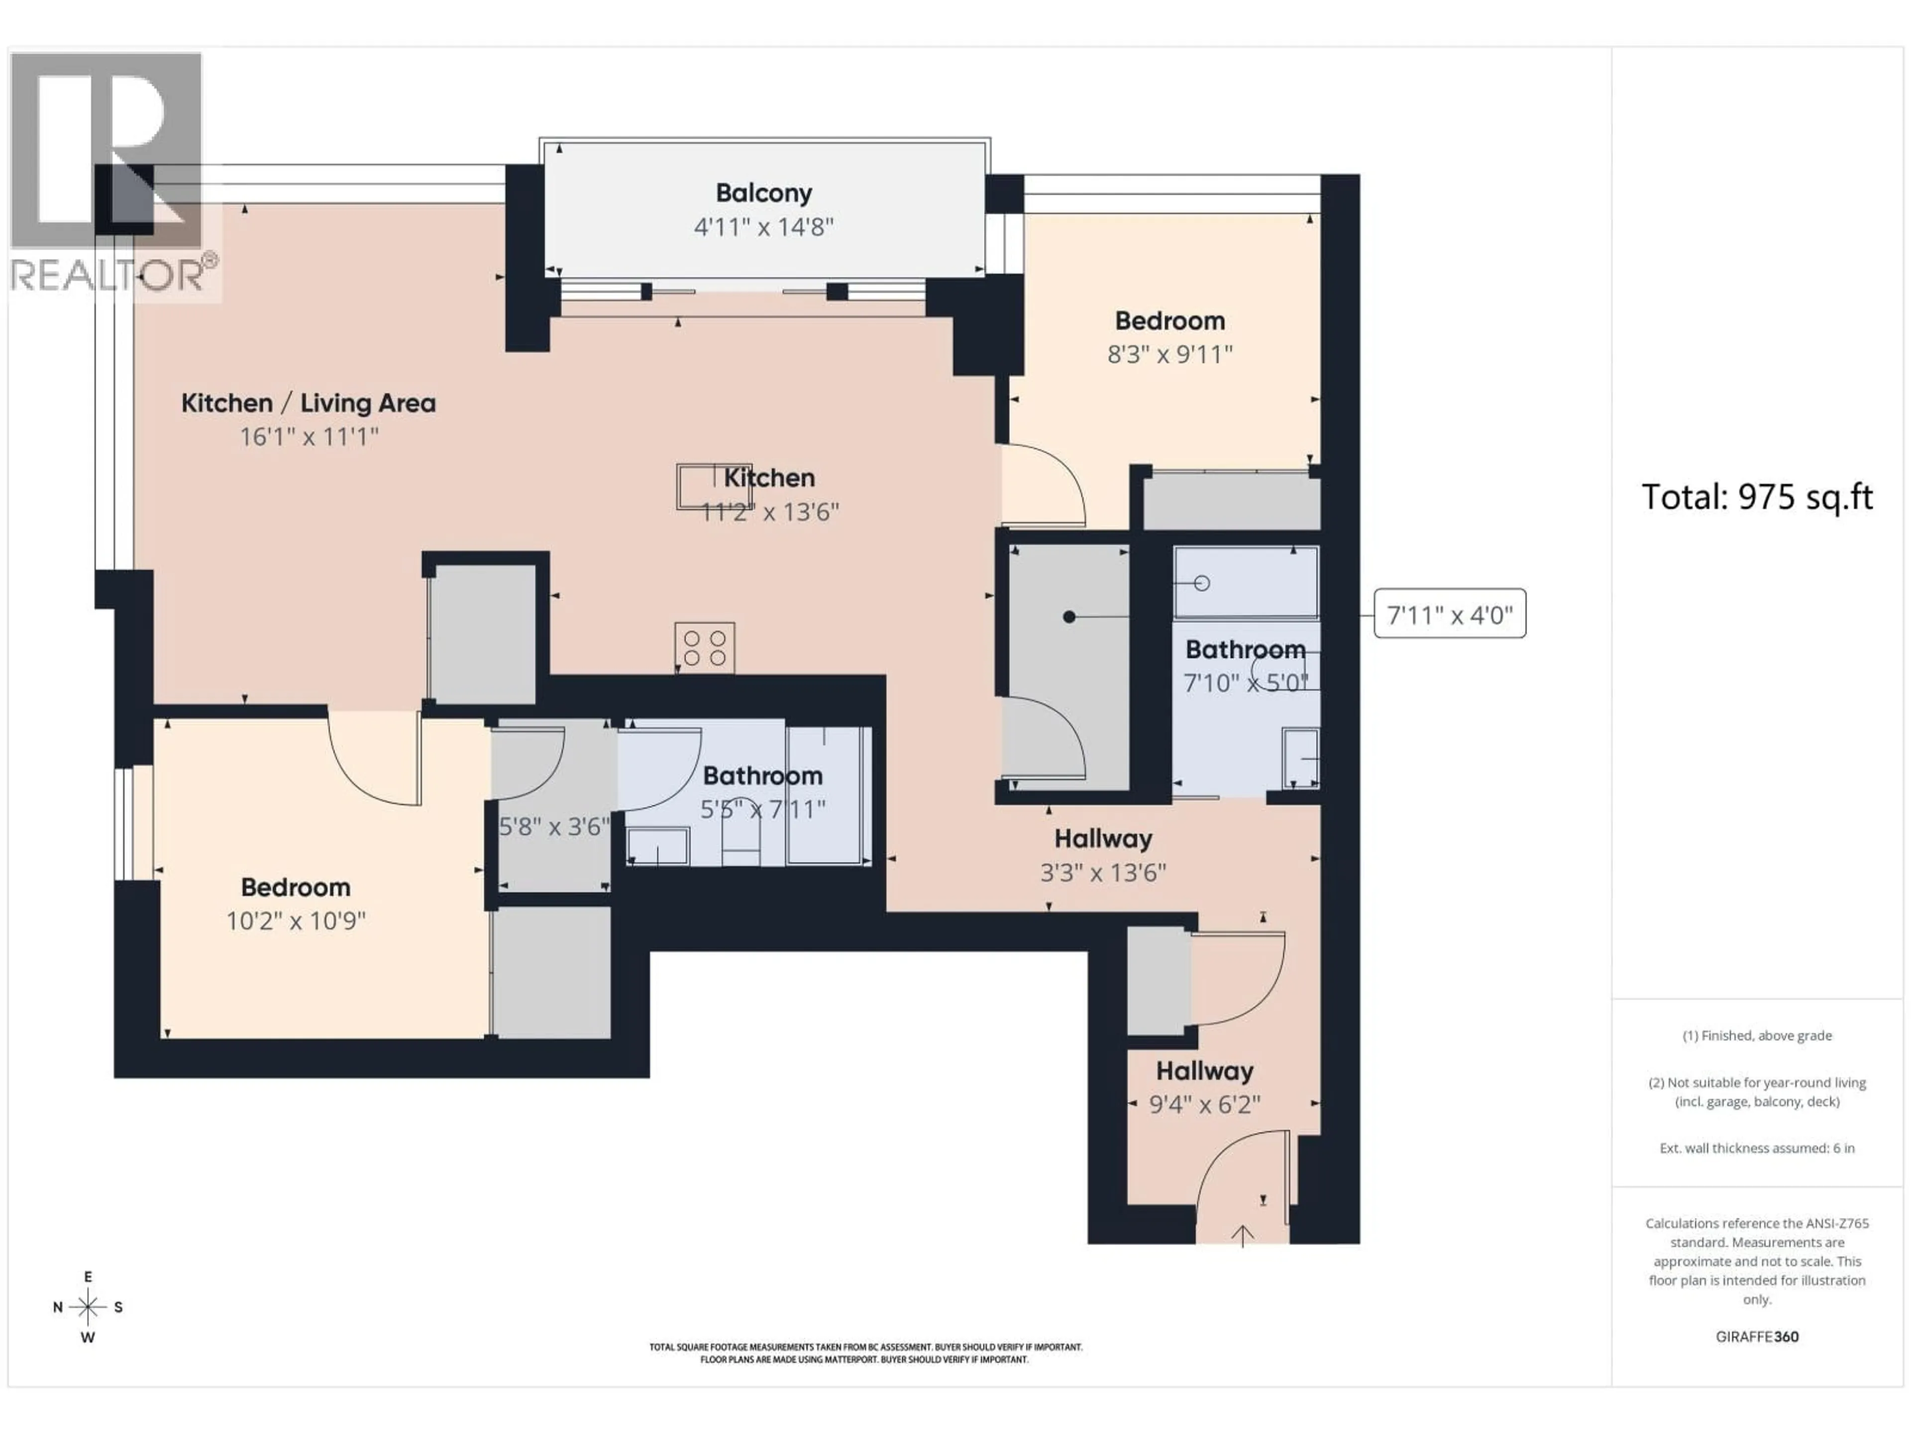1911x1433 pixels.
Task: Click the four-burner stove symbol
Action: point(704,647)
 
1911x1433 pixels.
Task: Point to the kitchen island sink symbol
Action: point(702,486)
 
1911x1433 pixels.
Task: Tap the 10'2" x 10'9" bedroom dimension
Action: point(296,921)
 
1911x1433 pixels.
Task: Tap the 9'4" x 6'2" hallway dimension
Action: point(1204,1104)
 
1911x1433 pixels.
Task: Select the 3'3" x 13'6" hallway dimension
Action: point(1102,872)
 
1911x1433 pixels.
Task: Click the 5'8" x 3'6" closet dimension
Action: point(554,826)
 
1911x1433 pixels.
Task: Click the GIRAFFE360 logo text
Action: point(1756,1336)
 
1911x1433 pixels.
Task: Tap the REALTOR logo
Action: point(108,173)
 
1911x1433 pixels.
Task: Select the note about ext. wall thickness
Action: point(1756,1148)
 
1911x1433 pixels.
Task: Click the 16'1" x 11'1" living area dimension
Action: point(309,437)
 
